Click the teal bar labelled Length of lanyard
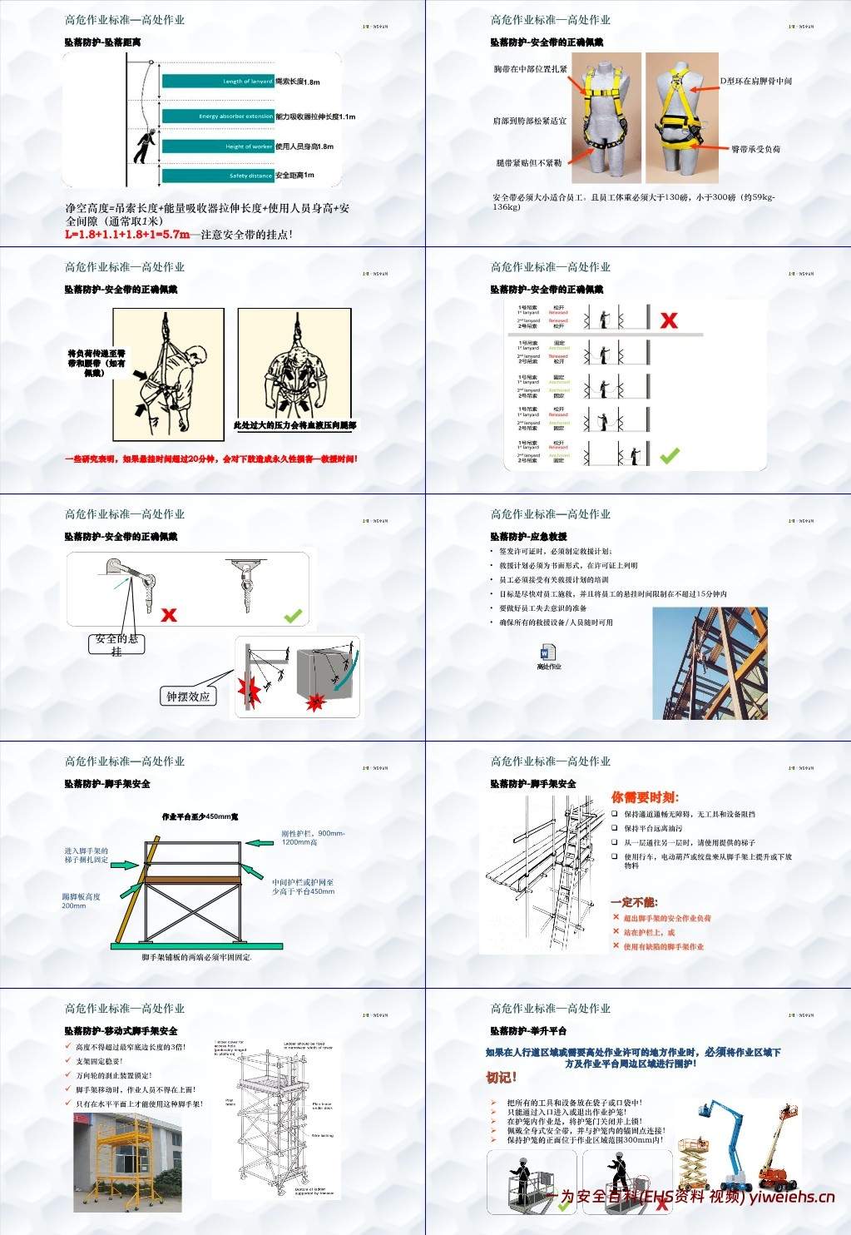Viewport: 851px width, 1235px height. click(218, 82)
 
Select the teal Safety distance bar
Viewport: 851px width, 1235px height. click(218, 176)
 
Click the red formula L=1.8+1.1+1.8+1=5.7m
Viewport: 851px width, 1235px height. click(127, 235)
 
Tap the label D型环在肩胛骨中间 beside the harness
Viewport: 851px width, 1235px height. click(755, 82)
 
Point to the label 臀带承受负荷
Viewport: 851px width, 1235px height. click(755, 149)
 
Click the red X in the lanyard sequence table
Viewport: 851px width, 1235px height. click(669, 320)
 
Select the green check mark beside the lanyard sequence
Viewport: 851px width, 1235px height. click(669, 455)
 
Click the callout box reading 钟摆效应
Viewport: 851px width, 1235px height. click(188, 697)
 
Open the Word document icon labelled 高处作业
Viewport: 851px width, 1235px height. click(548, 654)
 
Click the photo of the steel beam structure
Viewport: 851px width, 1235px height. click(710, 663)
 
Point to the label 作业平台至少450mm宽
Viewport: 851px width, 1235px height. click(200, 817)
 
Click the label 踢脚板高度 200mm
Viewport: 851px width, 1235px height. click(81, 900)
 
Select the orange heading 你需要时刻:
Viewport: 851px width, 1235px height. click(645, 797)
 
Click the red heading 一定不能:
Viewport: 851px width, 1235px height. click(634, 902)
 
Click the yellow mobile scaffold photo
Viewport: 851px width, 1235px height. click(127, 1162)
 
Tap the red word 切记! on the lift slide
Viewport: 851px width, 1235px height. click(502, 1077)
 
